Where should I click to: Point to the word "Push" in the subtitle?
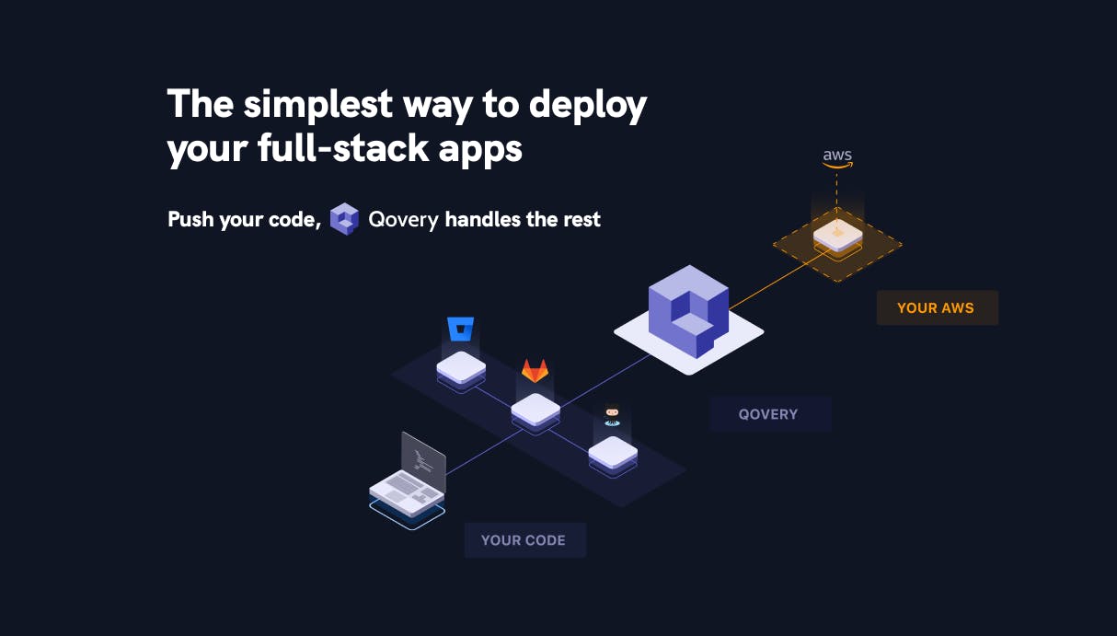191,220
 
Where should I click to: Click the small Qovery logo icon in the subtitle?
344,219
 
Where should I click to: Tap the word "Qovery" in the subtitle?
403,220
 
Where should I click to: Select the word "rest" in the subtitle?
582,220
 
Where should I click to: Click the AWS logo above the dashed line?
837,157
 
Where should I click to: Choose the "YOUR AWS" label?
936,308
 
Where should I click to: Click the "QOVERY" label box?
769,414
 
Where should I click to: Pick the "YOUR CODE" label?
524,540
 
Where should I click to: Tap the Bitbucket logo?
460,329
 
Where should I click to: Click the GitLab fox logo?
535,370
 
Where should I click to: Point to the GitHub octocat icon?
612,415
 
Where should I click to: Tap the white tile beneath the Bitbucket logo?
461,367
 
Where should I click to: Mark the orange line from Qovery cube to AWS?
773,280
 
